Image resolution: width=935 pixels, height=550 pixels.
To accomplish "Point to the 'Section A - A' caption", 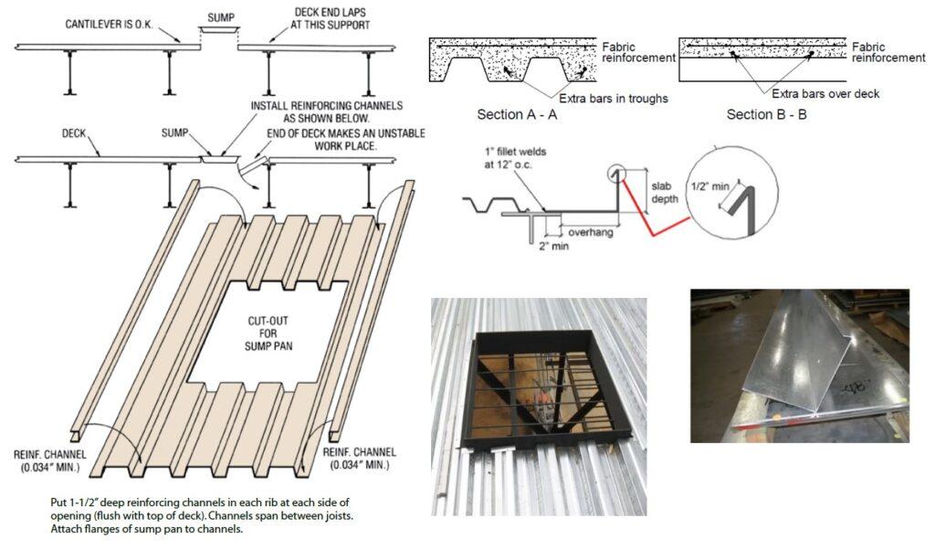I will pos(517,115).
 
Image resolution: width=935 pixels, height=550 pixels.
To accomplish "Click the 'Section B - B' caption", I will pos(766,115).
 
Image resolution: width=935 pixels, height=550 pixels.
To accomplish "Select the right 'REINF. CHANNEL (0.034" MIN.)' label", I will pos(357,459).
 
